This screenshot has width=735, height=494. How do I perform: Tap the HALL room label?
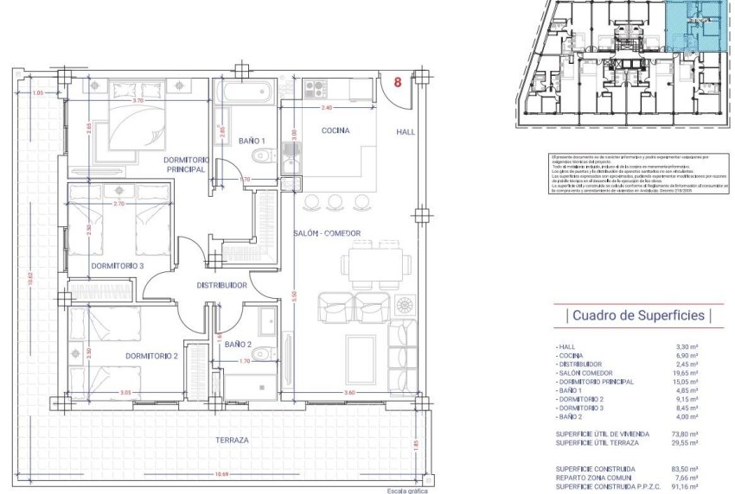[406, 132]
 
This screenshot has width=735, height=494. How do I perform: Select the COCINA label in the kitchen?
[335, 131]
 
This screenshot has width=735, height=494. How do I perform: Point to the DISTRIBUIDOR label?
[223, 285]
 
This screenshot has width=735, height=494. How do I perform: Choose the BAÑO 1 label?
[252, 141]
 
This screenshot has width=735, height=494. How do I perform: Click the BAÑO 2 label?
[237, 345]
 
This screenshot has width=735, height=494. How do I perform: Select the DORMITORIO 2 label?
[151, 356]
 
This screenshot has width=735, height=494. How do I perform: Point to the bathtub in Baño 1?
[244, 92]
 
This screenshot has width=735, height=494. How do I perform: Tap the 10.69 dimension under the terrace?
[223, 473]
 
